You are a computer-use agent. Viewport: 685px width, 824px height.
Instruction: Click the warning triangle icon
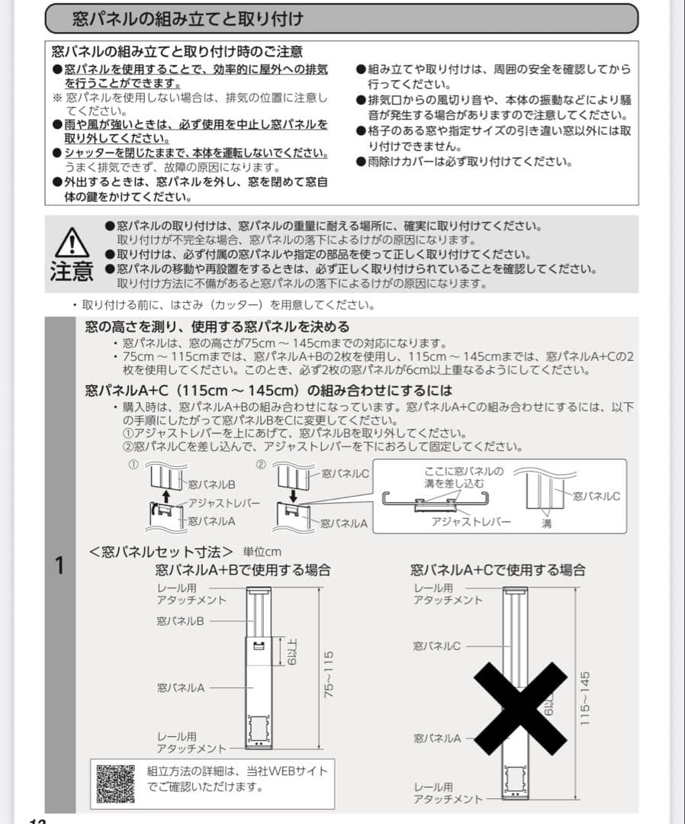[70, 243]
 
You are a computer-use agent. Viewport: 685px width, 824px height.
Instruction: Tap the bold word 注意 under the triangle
[71, 271]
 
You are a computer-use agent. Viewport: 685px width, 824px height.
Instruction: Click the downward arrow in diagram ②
[293, 496]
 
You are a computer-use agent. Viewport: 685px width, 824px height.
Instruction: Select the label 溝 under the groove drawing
[546, 523]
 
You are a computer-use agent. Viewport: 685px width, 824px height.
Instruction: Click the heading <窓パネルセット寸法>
[161, 551]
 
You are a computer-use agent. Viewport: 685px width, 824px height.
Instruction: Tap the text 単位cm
[262, 552]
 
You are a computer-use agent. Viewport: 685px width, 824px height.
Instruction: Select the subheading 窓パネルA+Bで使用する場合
[243, 570]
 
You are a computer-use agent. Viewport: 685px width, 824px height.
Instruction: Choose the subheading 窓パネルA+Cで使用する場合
[497, 570]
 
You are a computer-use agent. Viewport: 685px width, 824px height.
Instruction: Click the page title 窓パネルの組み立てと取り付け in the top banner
[187, 18]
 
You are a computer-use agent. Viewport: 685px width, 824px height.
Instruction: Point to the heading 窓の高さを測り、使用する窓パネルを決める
[217, 327]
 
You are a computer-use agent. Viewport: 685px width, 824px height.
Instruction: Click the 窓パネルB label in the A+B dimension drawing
[180, 622]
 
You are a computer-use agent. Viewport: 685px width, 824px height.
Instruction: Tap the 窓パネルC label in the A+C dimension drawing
[436, 645]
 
